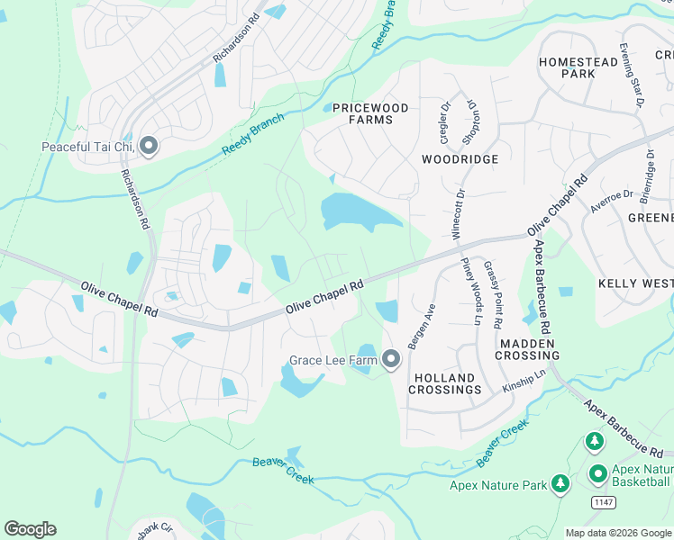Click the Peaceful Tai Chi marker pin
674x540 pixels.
(150, 146)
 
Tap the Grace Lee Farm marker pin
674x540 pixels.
(391, 360)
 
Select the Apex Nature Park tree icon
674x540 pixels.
(560, 485)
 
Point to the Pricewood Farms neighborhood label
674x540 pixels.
(369, 113)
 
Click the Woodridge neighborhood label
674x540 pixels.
(460, 158)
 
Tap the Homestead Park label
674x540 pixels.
(579, 67)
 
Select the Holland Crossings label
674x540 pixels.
(445, 383)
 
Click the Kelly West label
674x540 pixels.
(635, 283)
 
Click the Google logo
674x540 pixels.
(30, 529)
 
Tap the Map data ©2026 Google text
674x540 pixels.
(618, 533)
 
